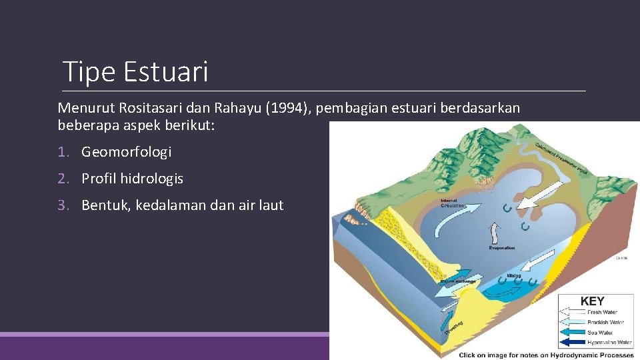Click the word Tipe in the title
coord(89,71)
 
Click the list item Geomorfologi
coord(127,152)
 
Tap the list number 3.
coord(62,205)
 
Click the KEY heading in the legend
coord(592,301)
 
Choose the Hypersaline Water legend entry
coord(609,342)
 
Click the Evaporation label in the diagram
coord(501,248)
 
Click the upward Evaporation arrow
coord(494,234)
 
